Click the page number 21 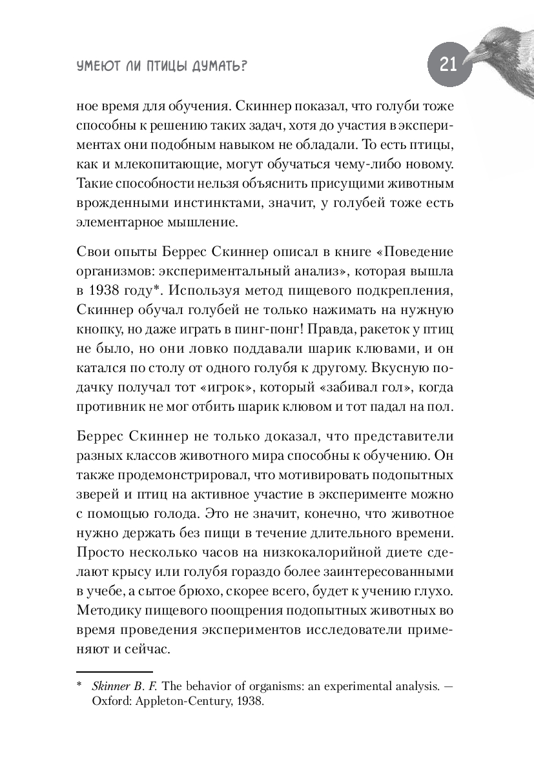pyautogui.click(x=448, y=64)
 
